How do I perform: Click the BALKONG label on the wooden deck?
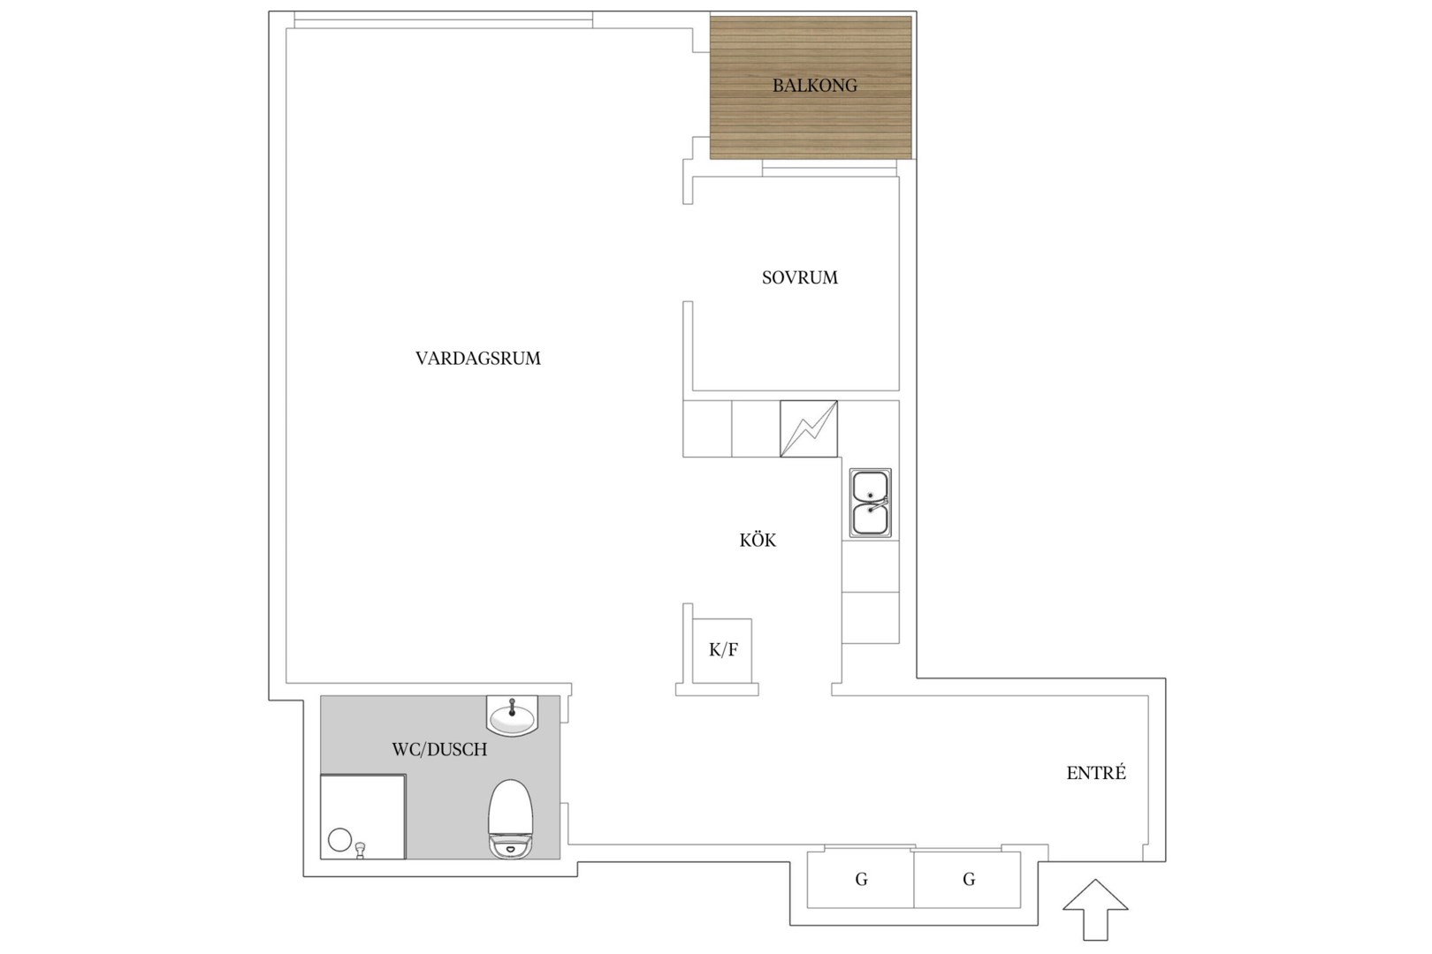814,86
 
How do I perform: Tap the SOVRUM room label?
800,277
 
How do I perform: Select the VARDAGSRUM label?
478,359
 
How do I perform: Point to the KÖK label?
758,540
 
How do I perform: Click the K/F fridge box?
722,650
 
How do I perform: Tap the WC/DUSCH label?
439,750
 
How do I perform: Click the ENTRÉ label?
1096,773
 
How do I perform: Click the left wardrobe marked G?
860,880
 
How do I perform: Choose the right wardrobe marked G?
967,880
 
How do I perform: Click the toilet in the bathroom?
511,819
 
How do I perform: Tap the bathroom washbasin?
512,715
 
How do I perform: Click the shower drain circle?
340,840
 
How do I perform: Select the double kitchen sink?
870,503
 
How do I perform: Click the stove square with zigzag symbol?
809,428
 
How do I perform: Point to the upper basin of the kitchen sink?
870,486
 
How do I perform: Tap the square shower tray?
363,816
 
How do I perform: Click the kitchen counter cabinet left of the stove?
756,428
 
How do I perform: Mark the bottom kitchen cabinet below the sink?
870,618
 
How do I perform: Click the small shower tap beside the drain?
361,850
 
